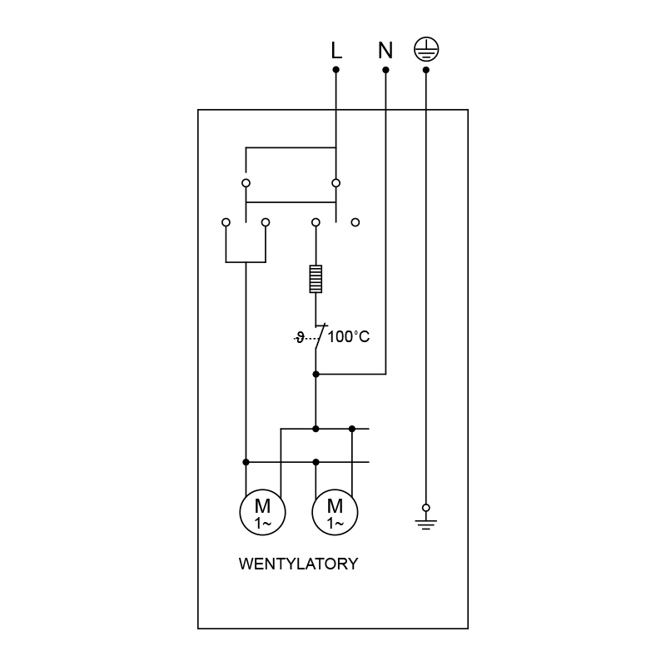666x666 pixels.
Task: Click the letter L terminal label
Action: pos(336,50)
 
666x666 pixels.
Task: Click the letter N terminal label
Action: pos(385,50)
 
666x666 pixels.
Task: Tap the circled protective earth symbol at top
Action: pos(426,49)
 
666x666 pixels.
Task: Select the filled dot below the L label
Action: pos(336,69)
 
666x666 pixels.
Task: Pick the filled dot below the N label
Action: pos(385,70)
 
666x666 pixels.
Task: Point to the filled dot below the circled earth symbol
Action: pos(426,70)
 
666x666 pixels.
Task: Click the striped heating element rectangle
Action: pos(316,279)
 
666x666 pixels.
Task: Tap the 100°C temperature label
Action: pos(349,337)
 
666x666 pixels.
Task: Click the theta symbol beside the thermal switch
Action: pos(300,338)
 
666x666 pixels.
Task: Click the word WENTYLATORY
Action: pos(299,564)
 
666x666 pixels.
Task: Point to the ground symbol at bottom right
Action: pos(426,524)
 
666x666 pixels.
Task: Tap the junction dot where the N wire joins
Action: pos(316,374)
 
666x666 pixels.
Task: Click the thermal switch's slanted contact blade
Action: pos(321,337)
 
